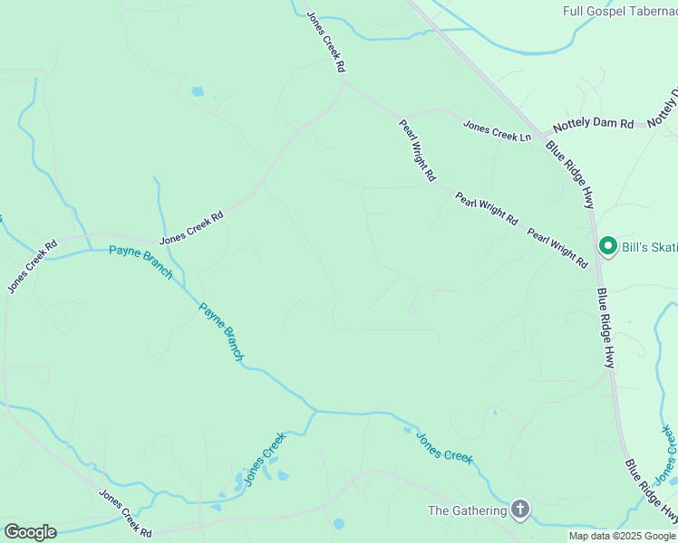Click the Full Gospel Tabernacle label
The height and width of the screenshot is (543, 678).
point(619,11)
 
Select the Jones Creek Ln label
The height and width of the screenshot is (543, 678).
point(498,130)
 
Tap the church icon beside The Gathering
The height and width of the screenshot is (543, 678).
point(519,510)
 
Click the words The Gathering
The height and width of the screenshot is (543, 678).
point(467,510)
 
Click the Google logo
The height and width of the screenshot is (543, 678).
point(30,532)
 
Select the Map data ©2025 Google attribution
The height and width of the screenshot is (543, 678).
point(623,536)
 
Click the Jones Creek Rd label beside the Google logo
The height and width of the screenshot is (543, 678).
point(125,513)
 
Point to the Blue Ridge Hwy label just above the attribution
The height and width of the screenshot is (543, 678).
point(652,491)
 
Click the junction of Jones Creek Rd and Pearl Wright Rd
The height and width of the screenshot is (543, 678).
point(343,81)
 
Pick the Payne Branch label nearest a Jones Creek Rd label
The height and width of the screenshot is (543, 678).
point(140,262)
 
